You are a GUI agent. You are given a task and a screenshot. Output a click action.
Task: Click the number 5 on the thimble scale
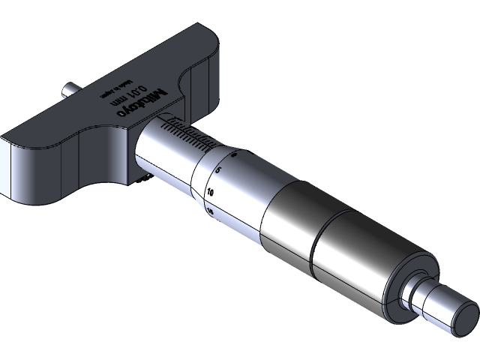(x=218, y=172)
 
